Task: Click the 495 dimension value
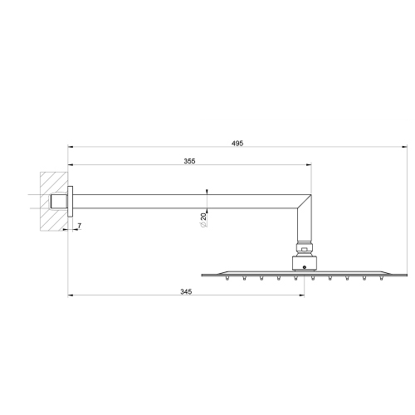pyautogui.click(x=237, y=144)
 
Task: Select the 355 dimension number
pyautogui.click(x=190, y=161)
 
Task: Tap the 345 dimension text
pyautogui.click(x=185, y=292)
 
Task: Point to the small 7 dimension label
pyautogui.click(x=80, y=225)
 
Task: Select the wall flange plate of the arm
pyautogui.click(x=71, y=200)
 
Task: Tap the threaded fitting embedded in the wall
pyautogui.click(x=58, y=200)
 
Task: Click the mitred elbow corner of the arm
pyautogui.click(x=305, y=202)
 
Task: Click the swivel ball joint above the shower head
pyautogui.click(x=305, y=248)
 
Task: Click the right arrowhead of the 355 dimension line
pyautogui.click(x=311, y=167)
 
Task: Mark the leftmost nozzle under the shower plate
pyautogui.click(x=226, y=279)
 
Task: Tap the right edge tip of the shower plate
pyautogui.click(x=408, y=274)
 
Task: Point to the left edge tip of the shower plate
pyautogui.click(x=201, y=274)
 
